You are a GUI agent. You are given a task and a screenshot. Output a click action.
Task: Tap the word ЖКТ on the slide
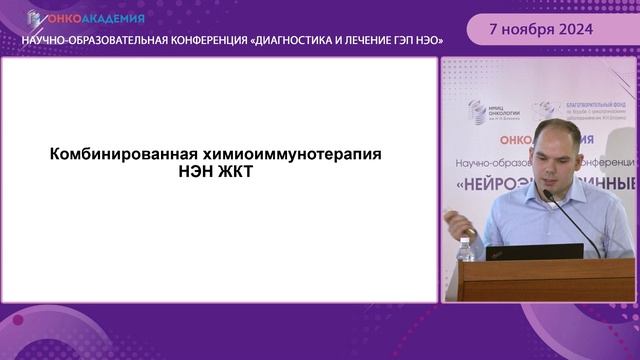[241, 174]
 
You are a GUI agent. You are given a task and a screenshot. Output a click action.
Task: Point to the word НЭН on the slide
[197, 174]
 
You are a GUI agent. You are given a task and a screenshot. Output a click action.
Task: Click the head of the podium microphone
[548, 196]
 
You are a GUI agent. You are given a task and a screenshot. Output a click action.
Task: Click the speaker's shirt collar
[556, 185]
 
